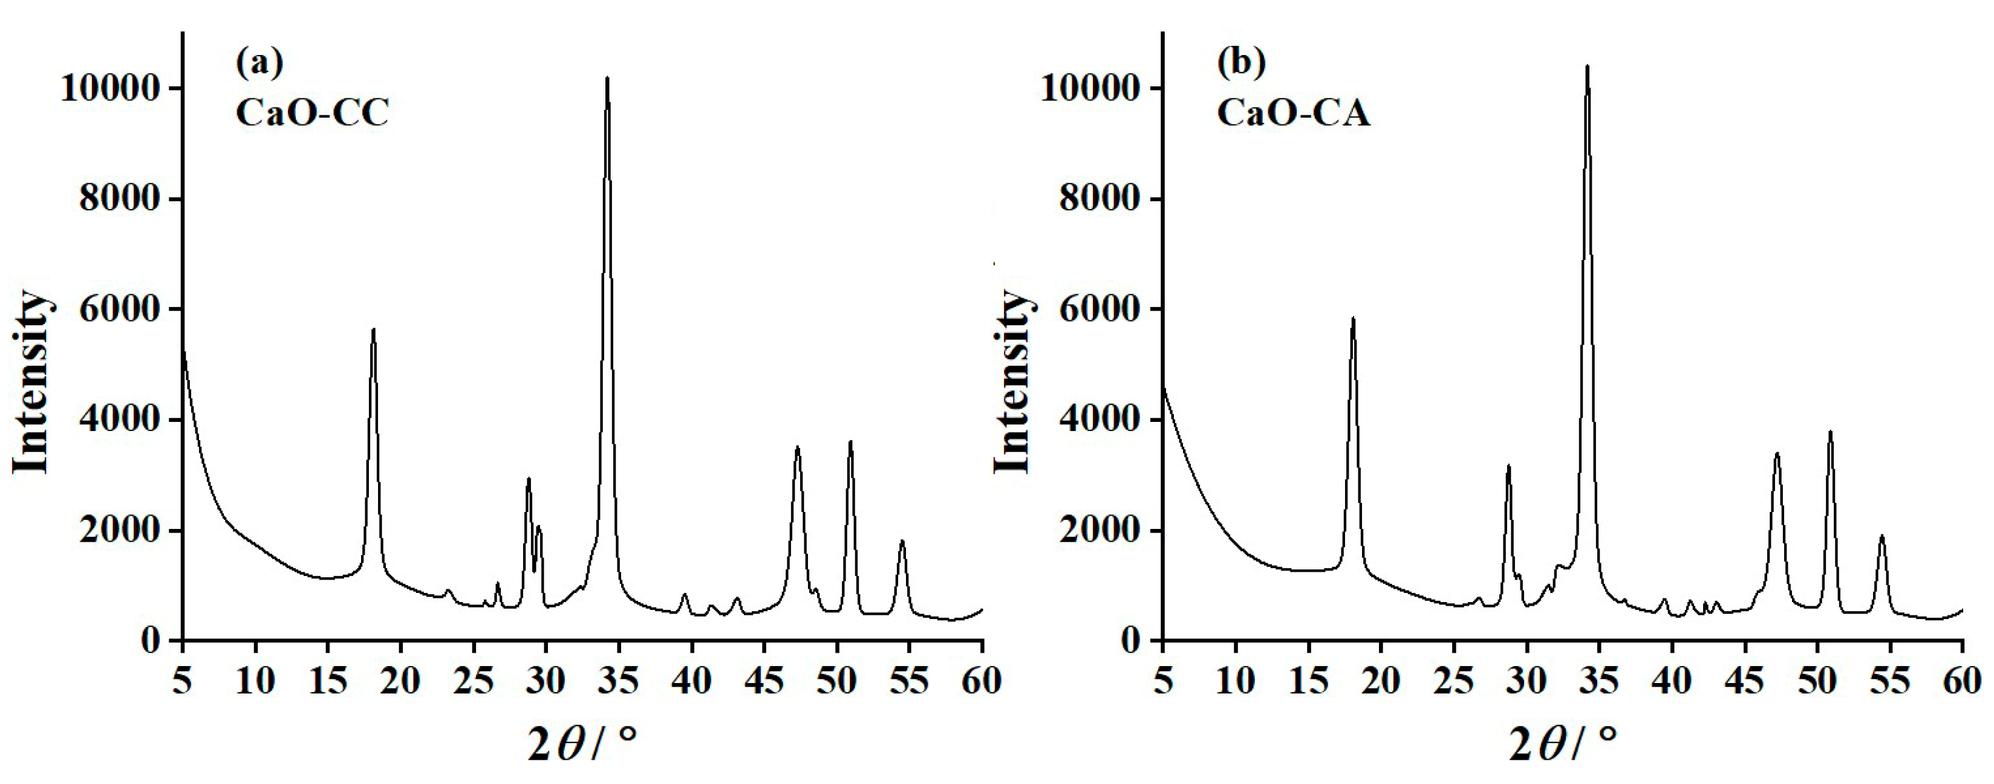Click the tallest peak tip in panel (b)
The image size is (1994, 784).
point(1587,67)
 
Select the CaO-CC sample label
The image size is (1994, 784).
point(312,114)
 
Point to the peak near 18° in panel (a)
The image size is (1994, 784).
point(373,329)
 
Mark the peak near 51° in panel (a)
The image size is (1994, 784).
point(850,442)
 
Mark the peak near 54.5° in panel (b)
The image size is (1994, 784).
point(1882,536)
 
